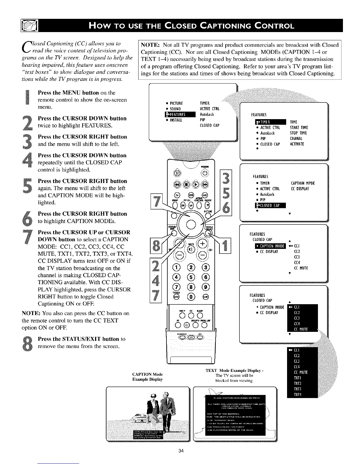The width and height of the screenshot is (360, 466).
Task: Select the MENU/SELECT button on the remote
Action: tap(209, 233)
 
